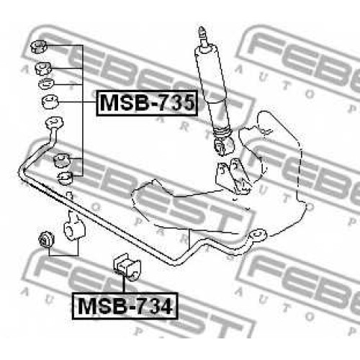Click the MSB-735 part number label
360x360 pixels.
tap(147, 103)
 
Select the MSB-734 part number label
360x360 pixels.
tap(125, 306)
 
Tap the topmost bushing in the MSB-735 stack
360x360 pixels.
tap(39, 46)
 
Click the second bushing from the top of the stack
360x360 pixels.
tap(43, 68)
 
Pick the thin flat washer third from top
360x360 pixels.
tap(46, 84)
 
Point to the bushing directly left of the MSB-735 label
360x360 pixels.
tap(50, 102)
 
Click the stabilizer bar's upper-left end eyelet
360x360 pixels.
tap(55, 123)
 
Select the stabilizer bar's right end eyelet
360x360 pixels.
tap(258, 235)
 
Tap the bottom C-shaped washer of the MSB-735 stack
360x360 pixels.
tap(66, 178)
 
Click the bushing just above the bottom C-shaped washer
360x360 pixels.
tap(61, 160)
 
